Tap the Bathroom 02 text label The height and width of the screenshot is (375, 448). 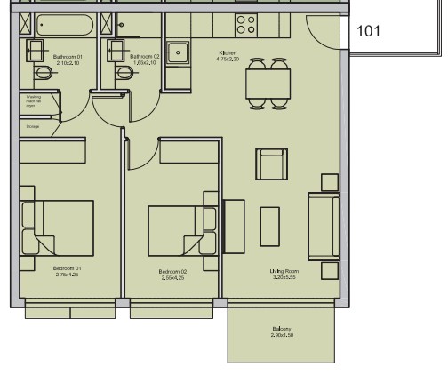coord(144,57)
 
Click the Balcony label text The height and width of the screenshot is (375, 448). coord(282,330)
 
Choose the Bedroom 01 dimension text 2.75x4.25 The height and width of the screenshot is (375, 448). coord(67,275)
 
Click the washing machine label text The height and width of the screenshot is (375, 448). coord(32,100)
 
